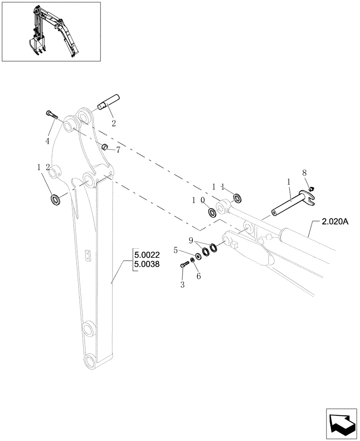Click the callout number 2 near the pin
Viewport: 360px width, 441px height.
[x=113, y=123]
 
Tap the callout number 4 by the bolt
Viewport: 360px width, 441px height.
[x=47, y=141]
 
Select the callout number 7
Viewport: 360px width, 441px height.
[x=118, y=150]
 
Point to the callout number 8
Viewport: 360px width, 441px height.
[x=304, y=173]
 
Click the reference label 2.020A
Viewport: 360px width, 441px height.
[x=335, y=222]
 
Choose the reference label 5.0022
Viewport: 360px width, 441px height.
[x=148, y=255]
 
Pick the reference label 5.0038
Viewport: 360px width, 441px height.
[x=148, y=265]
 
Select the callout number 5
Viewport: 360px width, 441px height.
[x=176, y=250]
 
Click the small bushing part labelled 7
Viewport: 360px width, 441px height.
[x=105, y=146]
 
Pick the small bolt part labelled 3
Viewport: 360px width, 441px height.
[x=184, y=265]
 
